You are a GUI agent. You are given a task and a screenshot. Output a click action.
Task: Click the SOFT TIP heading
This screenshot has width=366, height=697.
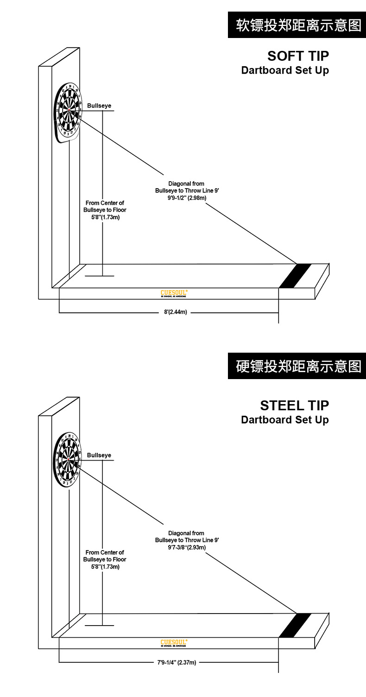point(298,56)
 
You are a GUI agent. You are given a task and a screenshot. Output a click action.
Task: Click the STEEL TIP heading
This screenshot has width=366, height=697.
point(294,406)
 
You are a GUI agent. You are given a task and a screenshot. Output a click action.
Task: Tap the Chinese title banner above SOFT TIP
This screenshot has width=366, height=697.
point(297,25)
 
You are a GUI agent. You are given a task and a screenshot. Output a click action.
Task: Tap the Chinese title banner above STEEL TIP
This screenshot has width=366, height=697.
point(297,366)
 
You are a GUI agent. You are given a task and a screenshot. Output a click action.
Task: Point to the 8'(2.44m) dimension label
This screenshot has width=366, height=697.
point(176,312)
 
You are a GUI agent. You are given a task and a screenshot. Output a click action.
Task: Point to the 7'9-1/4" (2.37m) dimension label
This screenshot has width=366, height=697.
point(177,662)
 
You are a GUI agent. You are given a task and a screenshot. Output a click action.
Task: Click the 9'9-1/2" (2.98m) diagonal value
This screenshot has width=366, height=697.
point(187,198)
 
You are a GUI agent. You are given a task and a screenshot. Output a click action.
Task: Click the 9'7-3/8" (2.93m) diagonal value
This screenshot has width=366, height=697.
point(187,547)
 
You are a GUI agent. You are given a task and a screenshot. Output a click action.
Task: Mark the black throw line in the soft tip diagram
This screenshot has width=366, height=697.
point(294,276)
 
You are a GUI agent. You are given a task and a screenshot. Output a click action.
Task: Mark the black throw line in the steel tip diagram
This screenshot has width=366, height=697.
point(294,625)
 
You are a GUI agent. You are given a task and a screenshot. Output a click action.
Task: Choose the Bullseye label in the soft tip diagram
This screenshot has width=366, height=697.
point(99,106)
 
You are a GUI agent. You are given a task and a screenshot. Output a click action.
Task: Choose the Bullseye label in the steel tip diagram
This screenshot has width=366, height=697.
point(99,456)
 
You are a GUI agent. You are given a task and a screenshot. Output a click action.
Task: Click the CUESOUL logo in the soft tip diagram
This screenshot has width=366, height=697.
point(174,293)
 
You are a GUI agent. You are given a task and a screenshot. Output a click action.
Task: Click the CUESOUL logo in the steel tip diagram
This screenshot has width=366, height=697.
point(174,643)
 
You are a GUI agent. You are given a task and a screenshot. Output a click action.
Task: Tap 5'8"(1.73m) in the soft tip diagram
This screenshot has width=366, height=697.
point(105,217)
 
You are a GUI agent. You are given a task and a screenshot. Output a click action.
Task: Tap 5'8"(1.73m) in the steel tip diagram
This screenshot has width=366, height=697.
point(105,567)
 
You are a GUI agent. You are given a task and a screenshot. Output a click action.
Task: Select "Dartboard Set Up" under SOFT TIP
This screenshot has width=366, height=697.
point(285,70)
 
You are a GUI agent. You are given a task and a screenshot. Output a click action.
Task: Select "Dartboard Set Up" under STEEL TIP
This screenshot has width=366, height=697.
point(285,420)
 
